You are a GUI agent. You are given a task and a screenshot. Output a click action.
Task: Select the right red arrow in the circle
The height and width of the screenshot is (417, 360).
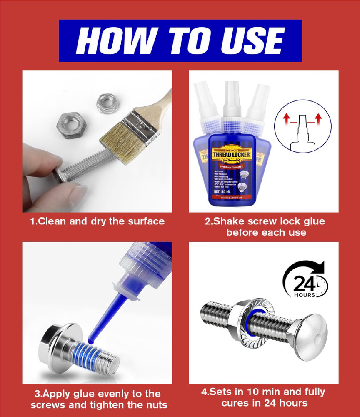point(319,119)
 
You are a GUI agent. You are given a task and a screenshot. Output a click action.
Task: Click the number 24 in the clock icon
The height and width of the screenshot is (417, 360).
point(302,284)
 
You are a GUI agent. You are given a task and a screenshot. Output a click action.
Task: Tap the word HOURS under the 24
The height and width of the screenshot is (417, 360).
point(305,296)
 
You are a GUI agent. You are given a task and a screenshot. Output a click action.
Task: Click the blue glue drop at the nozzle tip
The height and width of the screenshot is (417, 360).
point(92,341)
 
